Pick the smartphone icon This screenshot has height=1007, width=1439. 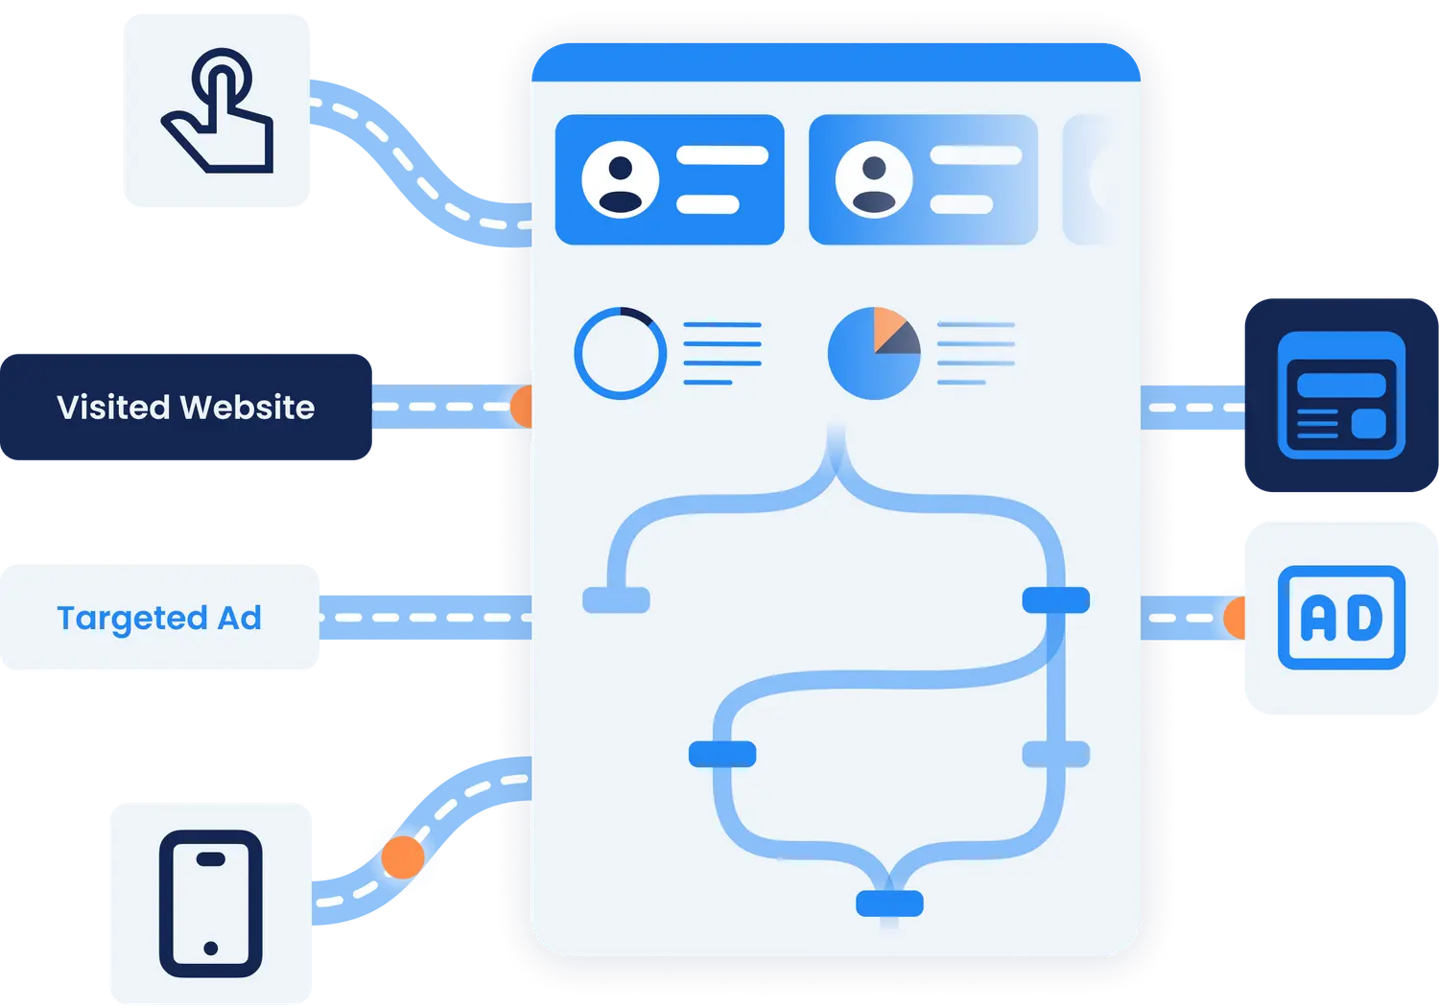[210, 903]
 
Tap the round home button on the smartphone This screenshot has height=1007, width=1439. [210, 948]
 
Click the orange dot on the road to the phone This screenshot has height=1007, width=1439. [402, 856]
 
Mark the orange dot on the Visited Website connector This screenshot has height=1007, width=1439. [521, 407]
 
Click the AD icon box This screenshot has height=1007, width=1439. [1341, 618]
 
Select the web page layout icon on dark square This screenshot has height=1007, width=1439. [1341, 395]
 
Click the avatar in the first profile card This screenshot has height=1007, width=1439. [621, 179]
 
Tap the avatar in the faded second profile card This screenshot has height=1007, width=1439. [874, 179]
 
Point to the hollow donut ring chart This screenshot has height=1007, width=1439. [620, 353]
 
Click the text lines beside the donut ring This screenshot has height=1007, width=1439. [722, 353]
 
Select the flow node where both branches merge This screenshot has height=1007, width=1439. [889, 902]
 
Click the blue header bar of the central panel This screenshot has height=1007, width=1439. [835, 63]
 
